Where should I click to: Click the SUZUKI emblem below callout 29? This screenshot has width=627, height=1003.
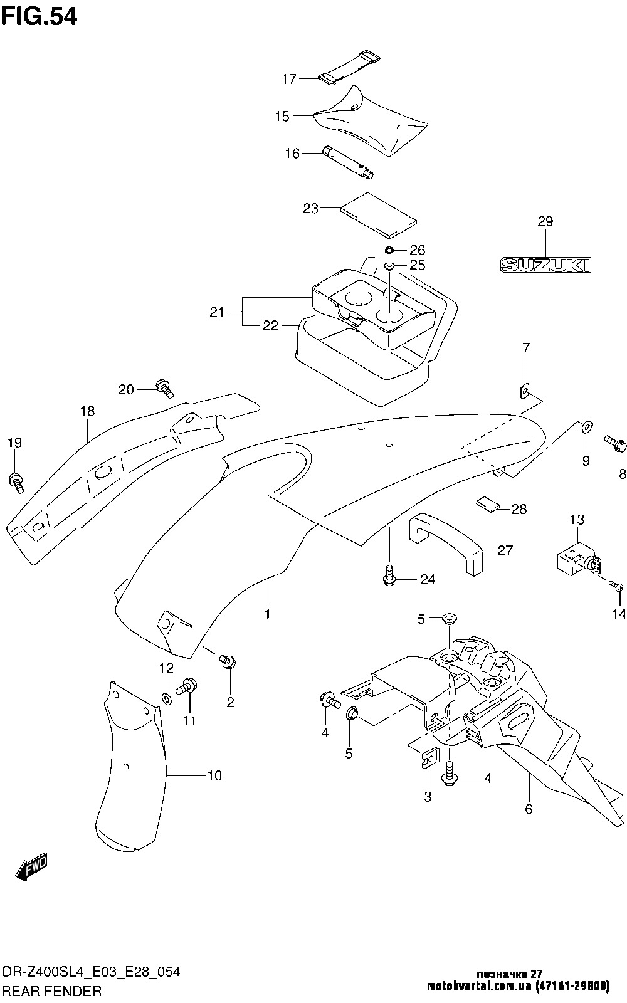click(545, 265)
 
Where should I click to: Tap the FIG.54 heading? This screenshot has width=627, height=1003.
click(40, 16)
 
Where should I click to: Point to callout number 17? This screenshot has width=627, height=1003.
click(289, 79)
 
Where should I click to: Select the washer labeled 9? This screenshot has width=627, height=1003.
click(586, 428)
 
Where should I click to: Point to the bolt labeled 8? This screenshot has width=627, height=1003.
click(613, 444)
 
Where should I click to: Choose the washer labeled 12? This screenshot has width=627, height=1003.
click(167, 698)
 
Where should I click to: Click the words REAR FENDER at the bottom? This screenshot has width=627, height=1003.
click(52, 991)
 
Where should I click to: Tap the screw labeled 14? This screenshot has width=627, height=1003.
click(617, 587)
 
